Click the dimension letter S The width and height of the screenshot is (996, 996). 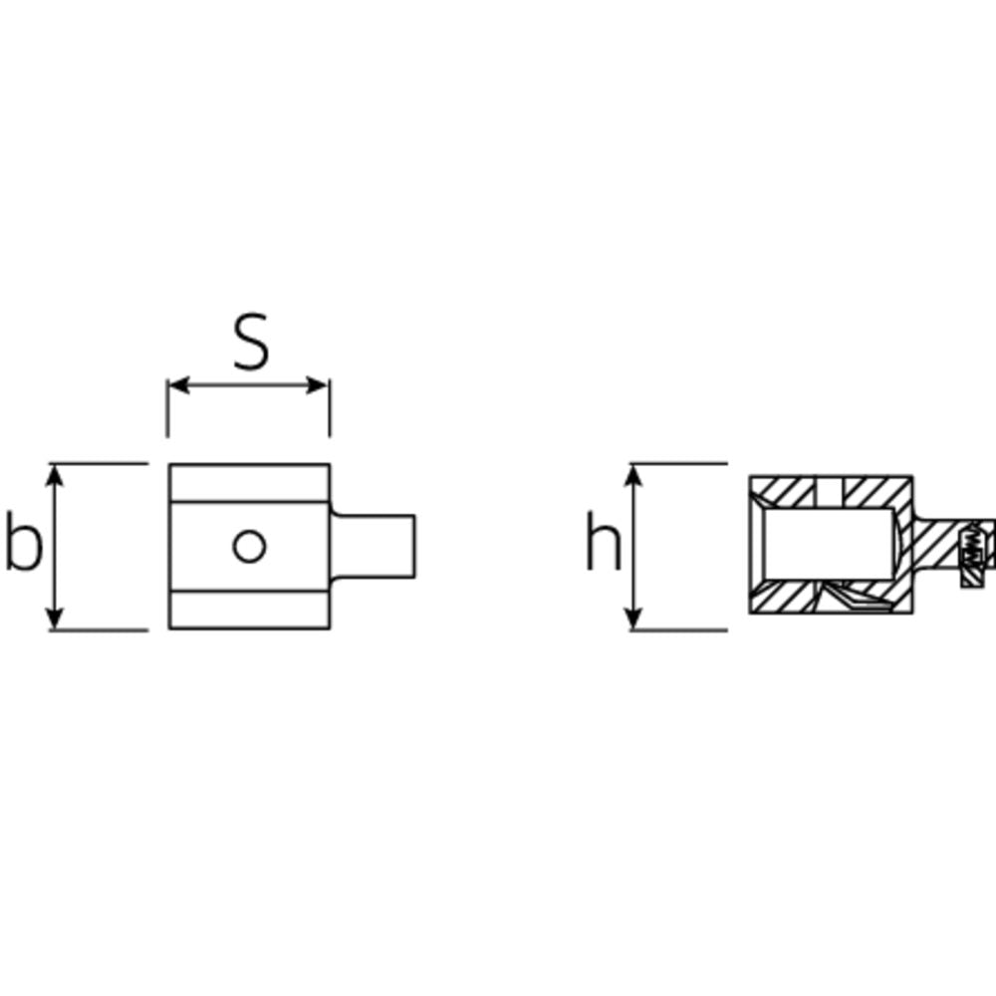pos(251,344)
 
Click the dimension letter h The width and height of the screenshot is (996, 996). pos(602,544)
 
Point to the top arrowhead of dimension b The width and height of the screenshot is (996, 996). pos(57,473)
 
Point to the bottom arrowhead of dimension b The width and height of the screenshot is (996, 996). pos(57,620)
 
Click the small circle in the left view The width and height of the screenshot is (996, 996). pos(249,546)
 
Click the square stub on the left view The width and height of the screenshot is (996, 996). pos(373,545)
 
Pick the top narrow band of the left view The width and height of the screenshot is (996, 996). pos(248,483)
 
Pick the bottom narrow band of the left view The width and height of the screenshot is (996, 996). pos(248,610)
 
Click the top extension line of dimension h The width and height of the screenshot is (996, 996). pos(687,463)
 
